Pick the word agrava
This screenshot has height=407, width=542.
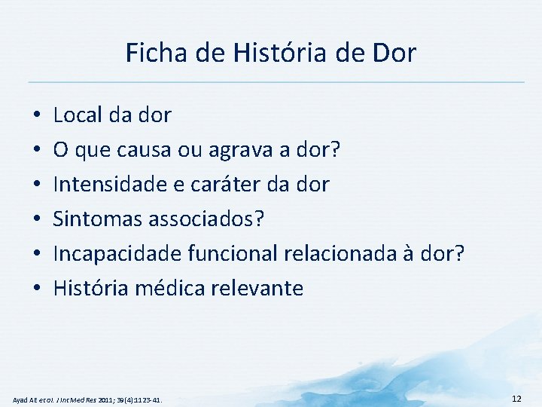coord(251,150)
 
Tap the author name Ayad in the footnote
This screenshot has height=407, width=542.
coord(21,398)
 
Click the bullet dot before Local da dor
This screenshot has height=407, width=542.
coord(36,116)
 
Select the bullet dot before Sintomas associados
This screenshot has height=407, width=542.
coord(36,220)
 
